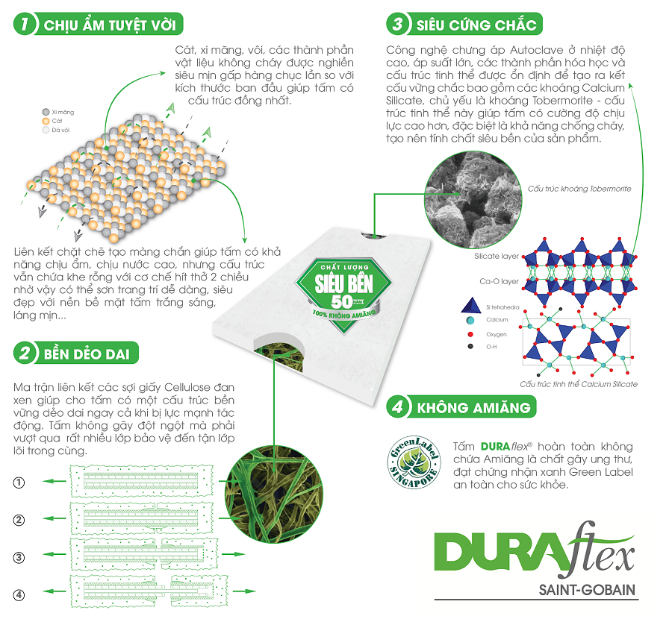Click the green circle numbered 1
[x=25, y=25]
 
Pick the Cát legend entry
[x=53, y=120]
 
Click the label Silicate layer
[x=497, y=256]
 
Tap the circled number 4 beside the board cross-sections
[x=19, y=594]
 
